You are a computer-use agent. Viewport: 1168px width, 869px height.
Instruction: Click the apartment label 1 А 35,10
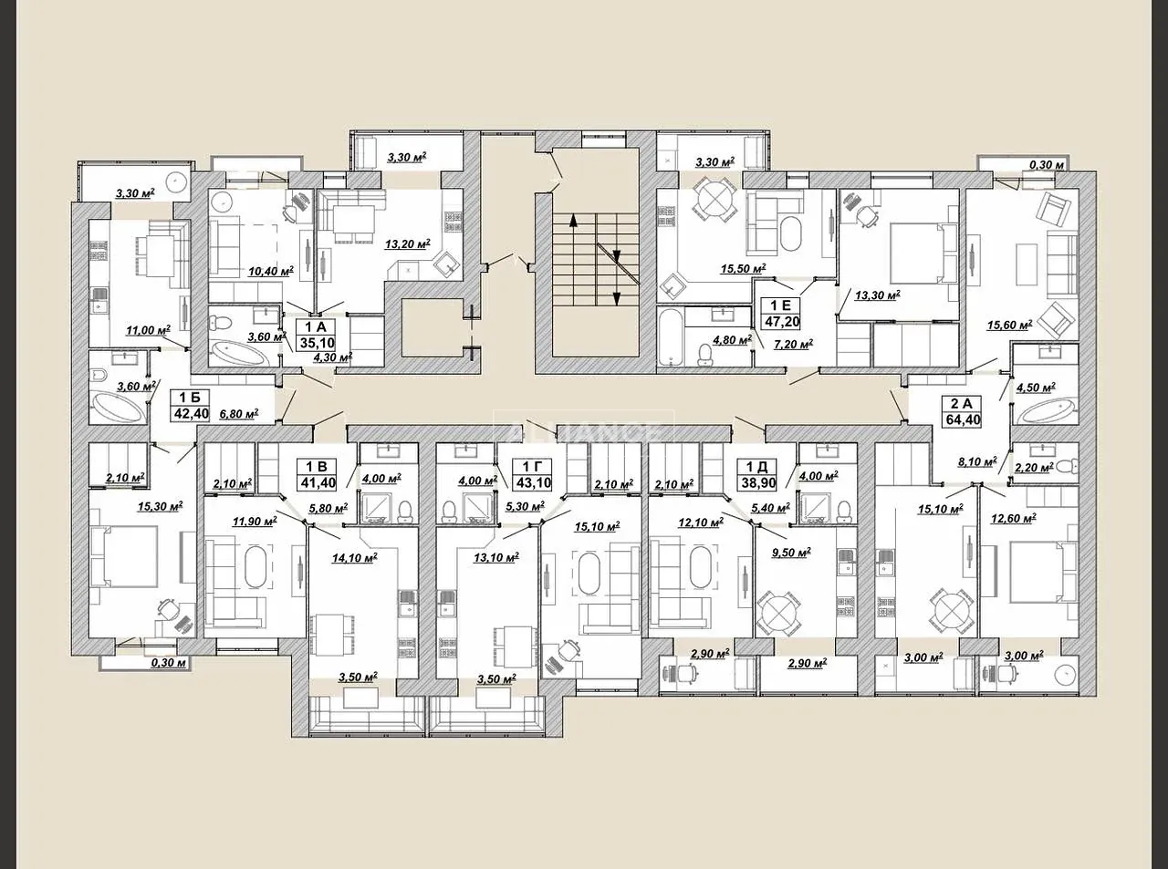(318, 335)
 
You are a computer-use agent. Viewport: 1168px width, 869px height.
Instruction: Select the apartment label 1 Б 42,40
(191, 405)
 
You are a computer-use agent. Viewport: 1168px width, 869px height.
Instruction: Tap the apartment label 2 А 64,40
(962, 411)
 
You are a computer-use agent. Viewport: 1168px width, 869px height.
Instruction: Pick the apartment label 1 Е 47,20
(781, 312)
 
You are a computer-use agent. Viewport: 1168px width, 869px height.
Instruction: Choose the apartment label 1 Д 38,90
(759, 474)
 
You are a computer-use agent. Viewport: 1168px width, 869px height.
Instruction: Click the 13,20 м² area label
(408, 243)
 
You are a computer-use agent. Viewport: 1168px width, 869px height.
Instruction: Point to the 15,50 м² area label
(743, 268)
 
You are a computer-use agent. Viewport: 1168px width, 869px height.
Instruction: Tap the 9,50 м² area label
(791, 552)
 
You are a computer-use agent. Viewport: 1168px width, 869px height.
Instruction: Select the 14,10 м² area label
(354, 557)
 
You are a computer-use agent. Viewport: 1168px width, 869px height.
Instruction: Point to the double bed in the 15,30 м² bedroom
(124, 556)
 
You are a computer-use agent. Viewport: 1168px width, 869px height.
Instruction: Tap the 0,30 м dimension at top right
(1048, 165)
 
